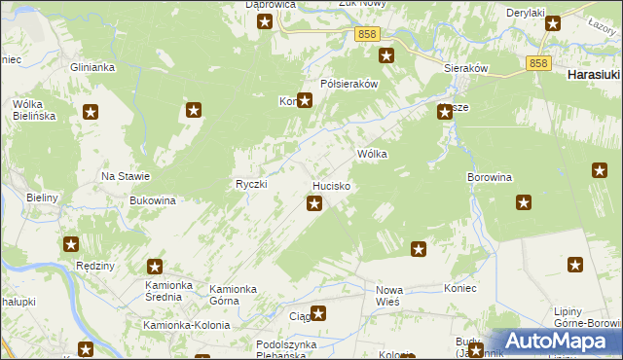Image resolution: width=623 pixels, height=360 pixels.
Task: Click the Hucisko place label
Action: [331, 185]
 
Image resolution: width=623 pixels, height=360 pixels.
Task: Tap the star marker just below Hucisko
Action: [314, 203]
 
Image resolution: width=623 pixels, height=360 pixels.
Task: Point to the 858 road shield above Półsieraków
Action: [367, 34]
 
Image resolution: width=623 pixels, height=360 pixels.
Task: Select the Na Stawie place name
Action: [126, 176]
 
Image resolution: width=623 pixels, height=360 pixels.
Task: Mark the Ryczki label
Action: [251, 184]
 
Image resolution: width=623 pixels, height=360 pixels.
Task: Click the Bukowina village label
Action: [152, 200]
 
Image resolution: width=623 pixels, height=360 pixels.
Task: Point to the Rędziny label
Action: [95, 266]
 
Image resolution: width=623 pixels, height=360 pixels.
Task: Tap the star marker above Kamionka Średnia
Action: [155, 266]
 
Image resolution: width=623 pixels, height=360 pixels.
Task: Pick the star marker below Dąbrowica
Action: [264, 20]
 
